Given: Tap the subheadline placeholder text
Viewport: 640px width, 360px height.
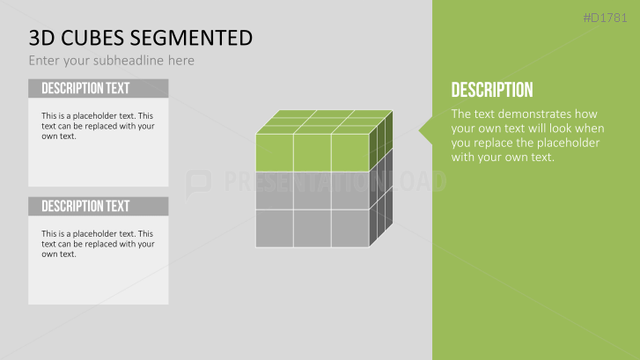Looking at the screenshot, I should [x=111, y=61].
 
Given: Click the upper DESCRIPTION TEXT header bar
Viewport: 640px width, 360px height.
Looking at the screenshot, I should [x=98, y=88].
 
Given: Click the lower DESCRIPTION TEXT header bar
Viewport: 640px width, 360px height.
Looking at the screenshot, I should [x=98, y=206].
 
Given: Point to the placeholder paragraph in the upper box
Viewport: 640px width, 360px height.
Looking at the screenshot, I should [x=98, y=126].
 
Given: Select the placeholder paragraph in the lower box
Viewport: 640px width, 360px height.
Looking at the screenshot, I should [x=98, y=243].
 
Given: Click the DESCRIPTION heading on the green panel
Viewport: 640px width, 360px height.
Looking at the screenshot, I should [x=491, y=90].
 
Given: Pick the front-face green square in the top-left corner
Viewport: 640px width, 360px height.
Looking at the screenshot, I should [x=274, y=152].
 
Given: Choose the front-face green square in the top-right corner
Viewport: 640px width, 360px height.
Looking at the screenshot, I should [x=349, y=152].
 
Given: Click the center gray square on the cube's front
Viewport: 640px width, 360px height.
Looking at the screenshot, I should [x=312, y=190].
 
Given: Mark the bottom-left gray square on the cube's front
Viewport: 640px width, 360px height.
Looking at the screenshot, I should [x=274, y=228].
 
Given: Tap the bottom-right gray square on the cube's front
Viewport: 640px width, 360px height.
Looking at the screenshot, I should [x=349, y=228].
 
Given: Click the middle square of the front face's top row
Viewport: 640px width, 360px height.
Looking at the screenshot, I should [x=312, y=152].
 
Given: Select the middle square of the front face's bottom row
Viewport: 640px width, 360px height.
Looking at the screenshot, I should [x=312, y=228].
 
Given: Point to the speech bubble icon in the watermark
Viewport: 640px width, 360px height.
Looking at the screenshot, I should [x=199, y=182].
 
